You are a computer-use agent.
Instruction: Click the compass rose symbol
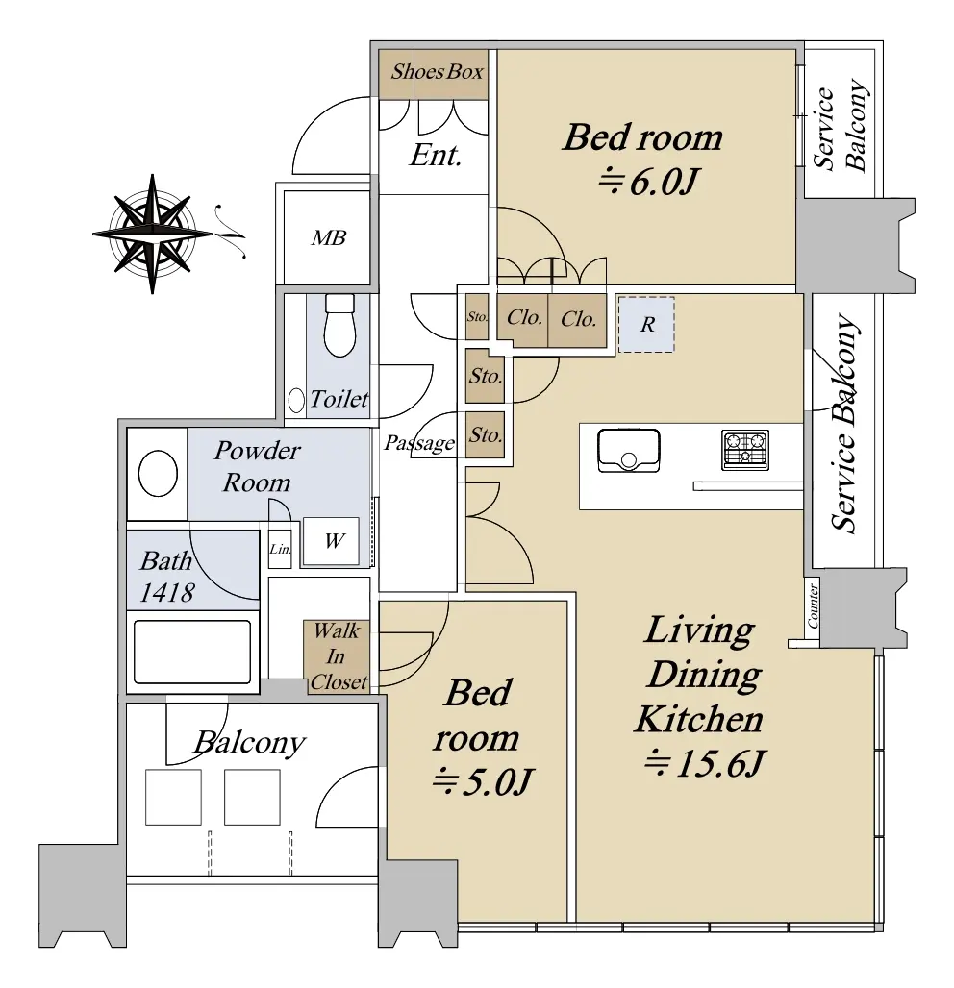(152, 234)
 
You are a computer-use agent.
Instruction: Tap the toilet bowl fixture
(339, 325)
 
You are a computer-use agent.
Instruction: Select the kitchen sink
(628, 450)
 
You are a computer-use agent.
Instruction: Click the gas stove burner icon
(745, 450)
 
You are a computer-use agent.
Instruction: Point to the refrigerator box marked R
(646, 325)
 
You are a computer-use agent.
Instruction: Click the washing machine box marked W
(331, 541)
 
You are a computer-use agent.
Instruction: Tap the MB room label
(329, 237)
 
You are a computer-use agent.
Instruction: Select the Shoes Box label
(437, 72)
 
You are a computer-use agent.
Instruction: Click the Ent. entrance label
(435, 155)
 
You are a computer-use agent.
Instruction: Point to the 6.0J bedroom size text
(649, 183)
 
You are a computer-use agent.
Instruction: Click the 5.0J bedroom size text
(483, 782)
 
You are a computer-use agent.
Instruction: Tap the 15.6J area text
(704, 764)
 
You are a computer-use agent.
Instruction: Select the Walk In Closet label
(338, 655)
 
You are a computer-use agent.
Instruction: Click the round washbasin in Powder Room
(158, 473)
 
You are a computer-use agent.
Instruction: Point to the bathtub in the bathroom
(192, 653)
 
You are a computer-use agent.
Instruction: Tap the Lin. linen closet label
(280, 549)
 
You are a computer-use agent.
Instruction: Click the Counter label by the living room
(813, 605)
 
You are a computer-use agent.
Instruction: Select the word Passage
(419, 443)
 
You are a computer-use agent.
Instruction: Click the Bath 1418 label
(166, 577)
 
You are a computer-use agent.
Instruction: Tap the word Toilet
(339, 399)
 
